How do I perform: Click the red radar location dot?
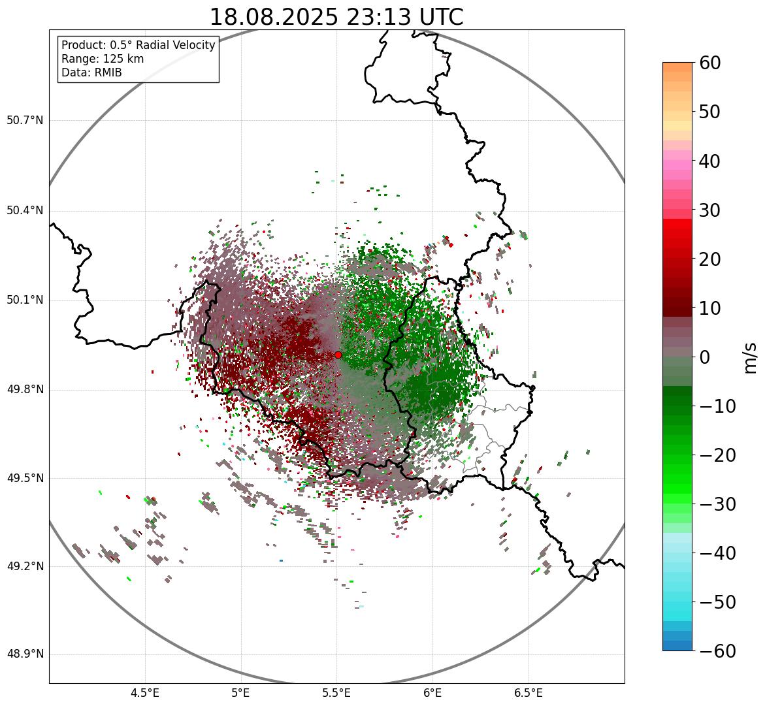(338, 355)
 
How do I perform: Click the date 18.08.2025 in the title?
(273, 17)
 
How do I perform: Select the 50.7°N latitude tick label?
(25, 121)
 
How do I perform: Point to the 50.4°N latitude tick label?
(25, 210)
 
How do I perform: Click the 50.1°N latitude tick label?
(25, 300)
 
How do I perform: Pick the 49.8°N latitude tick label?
(25, 390)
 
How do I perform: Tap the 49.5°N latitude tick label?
(25, 478)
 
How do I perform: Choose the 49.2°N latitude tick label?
(25, 566)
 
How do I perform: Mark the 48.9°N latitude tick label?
(25, 654)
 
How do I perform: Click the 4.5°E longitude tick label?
(145, 692)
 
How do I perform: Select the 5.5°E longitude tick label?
(336, 692)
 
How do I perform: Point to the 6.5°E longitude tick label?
(528, 692)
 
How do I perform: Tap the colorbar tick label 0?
(706, 357)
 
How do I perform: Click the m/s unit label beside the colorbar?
(751, 357)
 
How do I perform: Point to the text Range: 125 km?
(103, 59)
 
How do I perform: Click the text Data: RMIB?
(91, 72)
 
